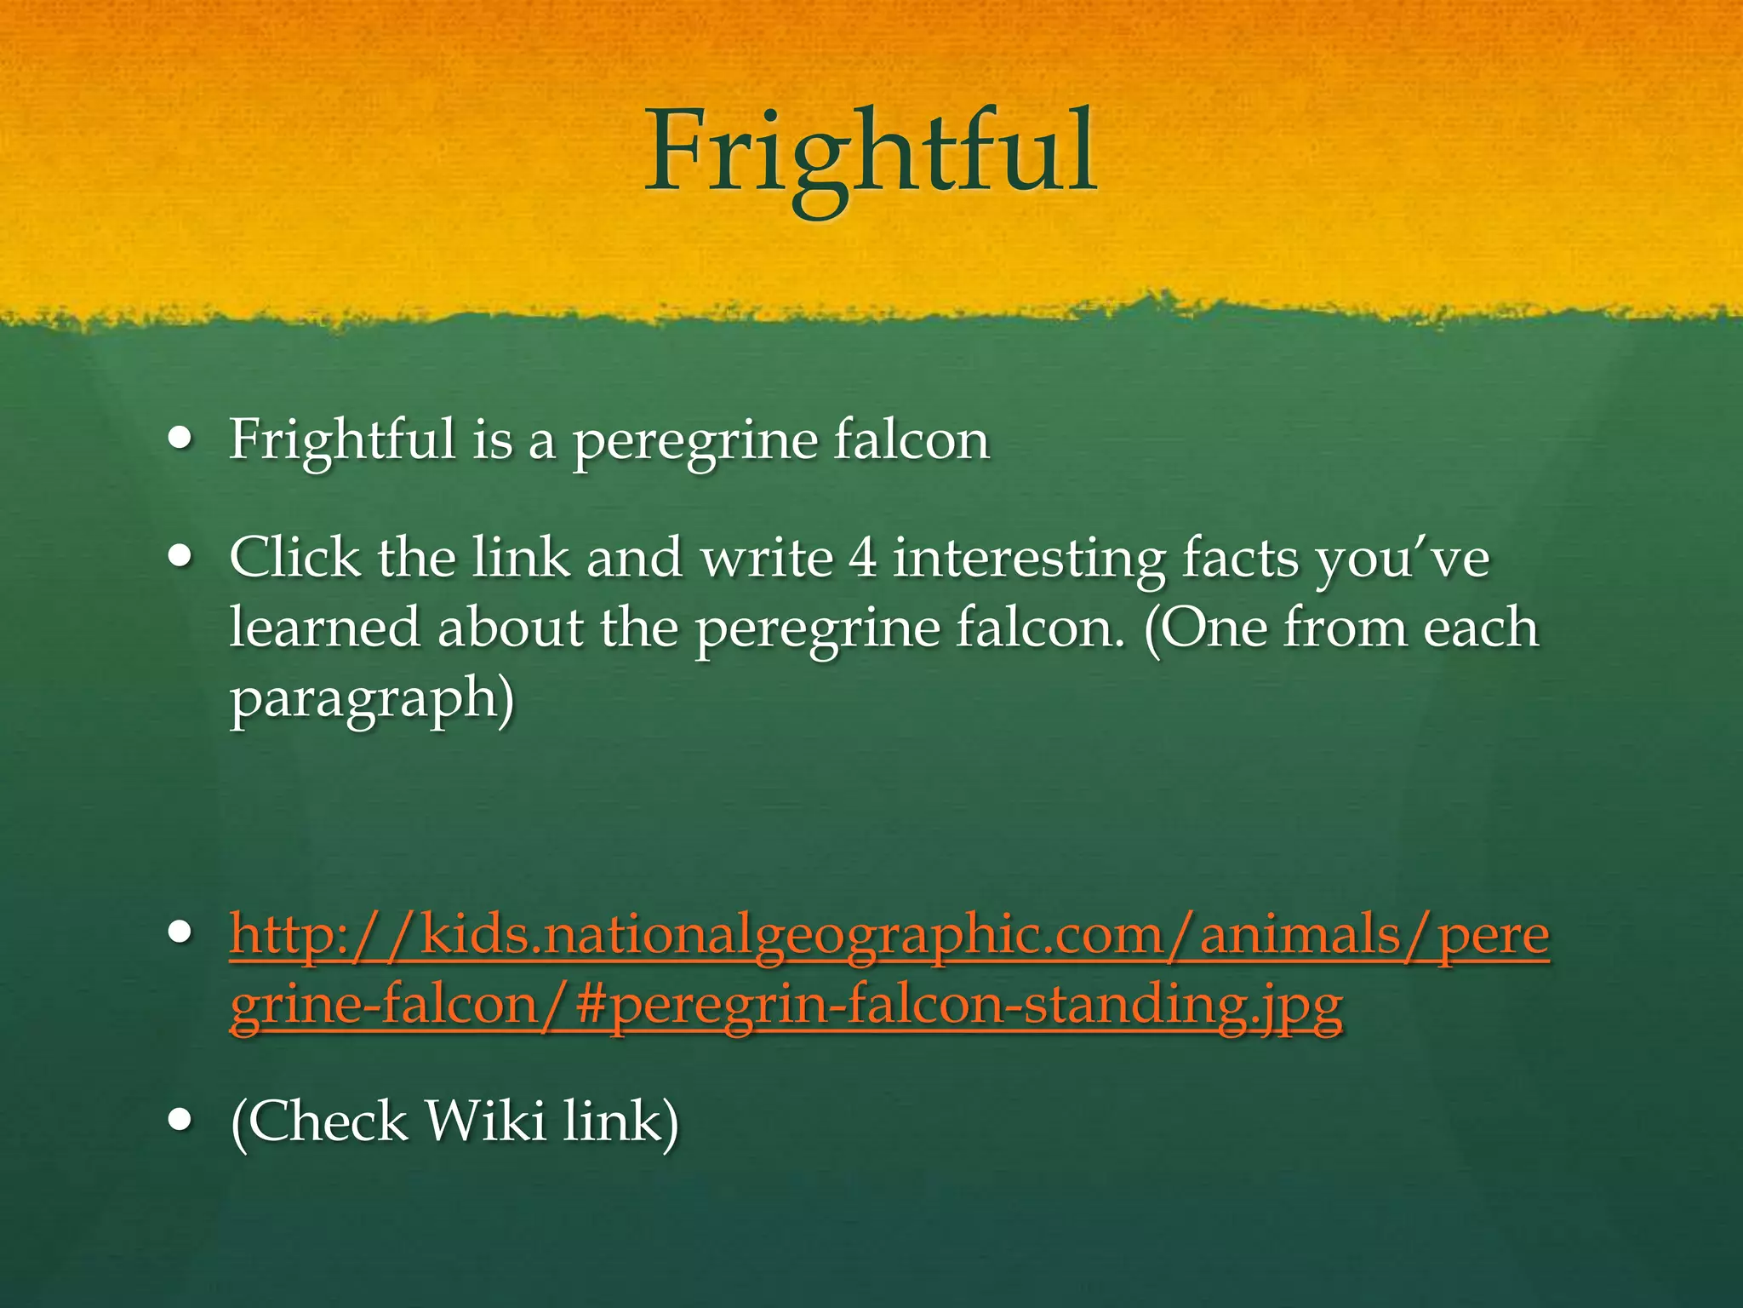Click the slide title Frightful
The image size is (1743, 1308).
(870, 153)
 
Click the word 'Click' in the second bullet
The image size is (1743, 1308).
(294, 559)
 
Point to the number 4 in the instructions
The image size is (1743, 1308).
(863, 559)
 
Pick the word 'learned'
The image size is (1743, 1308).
(324, 628)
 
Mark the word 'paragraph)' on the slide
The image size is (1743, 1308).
(372, 698)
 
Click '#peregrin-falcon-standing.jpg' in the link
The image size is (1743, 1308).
(959, 1005)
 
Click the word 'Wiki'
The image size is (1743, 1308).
(485, 1121)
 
